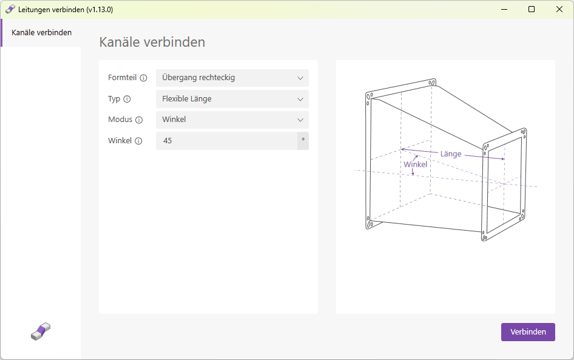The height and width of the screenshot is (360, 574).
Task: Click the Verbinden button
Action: [528, 332]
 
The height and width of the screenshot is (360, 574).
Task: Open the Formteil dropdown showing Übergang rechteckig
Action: [232, 78]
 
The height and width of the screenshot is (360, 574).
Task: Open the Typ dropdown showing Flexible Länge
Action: [232, 99]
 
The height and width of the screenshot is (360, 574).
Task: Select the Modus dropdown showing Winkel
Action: [232, 120]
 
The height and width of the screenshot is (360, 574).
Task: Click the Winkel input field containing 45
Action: [226, 141]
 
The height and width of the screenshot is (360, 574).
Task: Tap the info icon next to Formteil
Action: [143, 78]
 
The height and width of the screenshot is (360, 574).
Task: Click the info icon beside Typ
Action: [127, 99]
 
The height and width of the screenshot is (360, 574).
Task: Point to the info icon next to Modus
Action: [139, 120]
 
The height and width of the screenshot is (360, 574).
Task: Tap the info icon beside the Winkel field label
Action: [138, 141]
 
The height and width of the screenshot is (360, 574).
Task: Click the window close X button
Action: [559, 10]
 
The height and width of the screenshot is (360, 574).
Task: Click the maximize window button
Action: [532, 10]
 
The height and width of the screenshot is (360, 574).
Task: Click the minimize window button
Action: [504, 10]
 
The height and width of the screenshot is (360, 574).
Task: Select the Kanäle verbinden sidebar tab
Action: [41, 33]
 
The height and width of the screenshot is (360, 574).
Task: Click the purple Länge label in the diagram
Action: [451, 154]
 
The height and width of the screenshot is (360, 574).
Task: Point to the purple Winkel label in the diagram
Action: [416, 164]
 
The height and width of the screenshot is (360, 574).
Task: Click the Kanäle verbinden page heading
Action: [152, 42]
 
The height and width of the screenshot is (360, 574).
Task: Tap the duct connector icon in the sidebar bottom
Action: [41, 331]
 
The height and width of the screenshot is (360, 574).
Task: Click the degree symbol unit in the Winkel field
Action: [303, 140]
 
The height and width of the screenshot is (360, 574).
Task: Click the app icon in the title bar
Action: [10, 10]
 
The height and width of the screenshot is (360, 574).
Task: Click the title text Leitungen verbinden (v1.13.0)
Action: [66, 10]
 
